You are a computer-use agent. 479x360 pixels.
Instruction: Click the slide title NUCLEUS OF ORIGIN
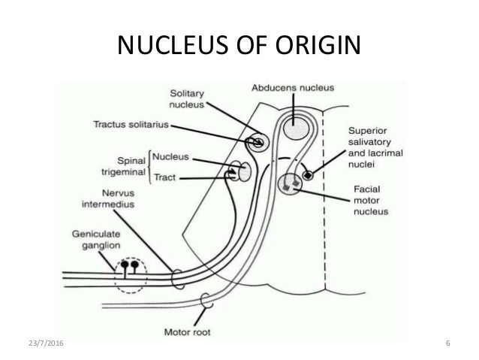pos(239,47)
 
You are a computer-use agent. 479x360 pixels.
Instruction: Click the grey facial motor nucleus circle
pos(290,183)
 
